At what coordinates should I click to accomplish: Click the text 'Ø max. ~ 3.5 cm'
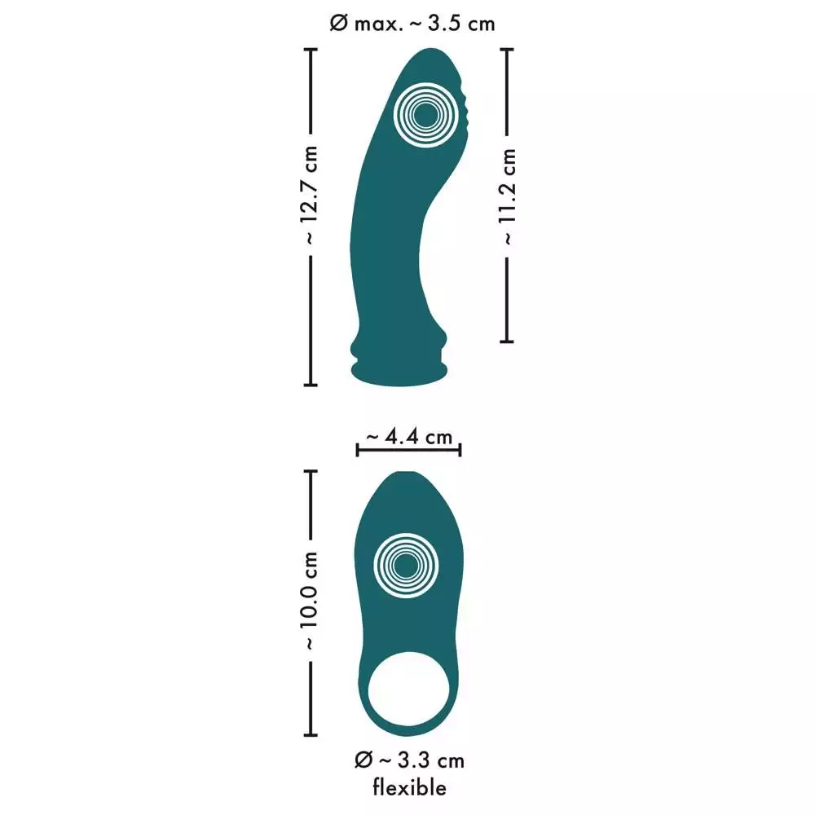(412, 24)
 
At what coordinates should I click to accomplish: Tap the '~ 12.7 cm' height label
(311, 196)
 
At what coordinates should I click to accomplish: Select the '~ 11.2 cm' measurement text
(507, 196)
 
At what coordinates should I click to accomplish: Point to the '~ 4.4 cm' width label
(408, 438)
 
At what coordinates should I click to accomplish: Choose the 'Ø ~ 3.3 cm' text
(410, 760)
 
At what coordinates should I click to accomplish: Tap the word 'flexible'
(410, 787)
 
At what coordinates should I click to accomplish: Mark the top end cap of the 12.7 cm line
(311, 50)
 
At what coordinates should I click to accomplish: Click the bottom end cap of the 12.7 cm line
(311, 384)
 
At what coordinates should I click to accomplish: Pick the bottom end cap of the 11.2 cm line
(507, 341)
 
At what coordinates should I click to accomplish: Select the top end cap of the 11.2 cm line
(507, 50)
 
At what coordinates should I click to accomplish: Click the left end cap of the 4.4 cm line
(358, 450)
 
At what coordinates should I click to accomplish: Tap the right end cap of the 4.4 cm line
(460, 450)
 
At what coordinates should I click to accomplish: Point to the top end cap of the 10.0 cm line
(311, 471)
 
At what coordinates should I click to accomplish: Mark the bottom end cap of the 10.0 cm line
(311, 728)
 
